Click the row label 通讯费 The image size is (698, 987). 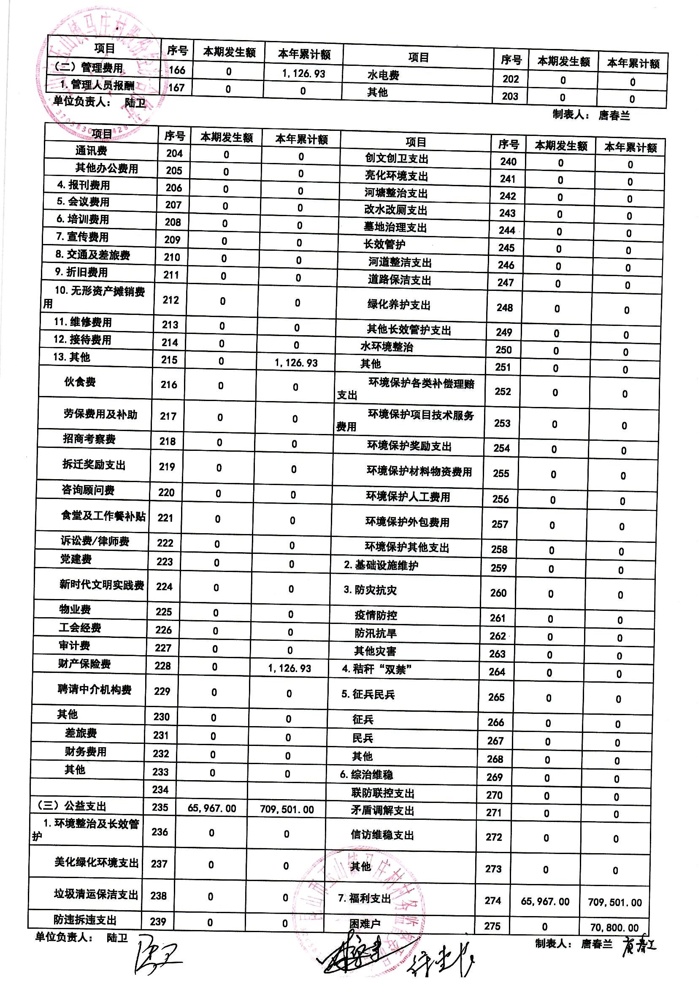[x=91, y=150]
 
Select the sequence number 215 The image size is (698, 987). [x=169, y=360]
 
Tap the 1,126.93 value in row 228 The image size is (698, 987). [x=289, y=668]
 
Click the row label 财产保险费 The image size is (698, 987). [x=84, y=664]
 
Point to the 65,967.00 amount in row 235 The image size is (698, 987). [x=212, y=808]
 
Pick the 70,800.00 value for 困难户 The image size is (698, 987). [x=614, y=927]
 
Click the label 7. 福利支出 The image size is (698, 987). [x=365, y=898]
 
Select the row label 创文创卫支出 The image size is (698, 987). [x=396, y=159]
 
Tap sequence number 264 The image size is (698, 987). [x=497, y=672]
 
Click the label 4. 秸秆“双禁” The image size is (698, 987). [x=377, y=669]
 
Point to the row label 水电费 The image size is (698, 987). [x=383, y=75]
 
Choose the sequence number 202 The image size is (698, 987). [x=511, y=79]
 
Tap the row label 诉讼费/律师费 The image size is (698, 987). [x=95, y=541]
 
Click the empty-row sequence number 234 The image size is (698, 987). [x=160, y=789]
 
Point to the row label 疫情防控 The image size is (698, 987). [x=376, y=615]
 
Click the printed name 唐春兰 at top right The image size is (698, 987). [x=614, y=116]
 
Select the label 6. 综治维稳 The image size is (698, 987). [x=366, y=775]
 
